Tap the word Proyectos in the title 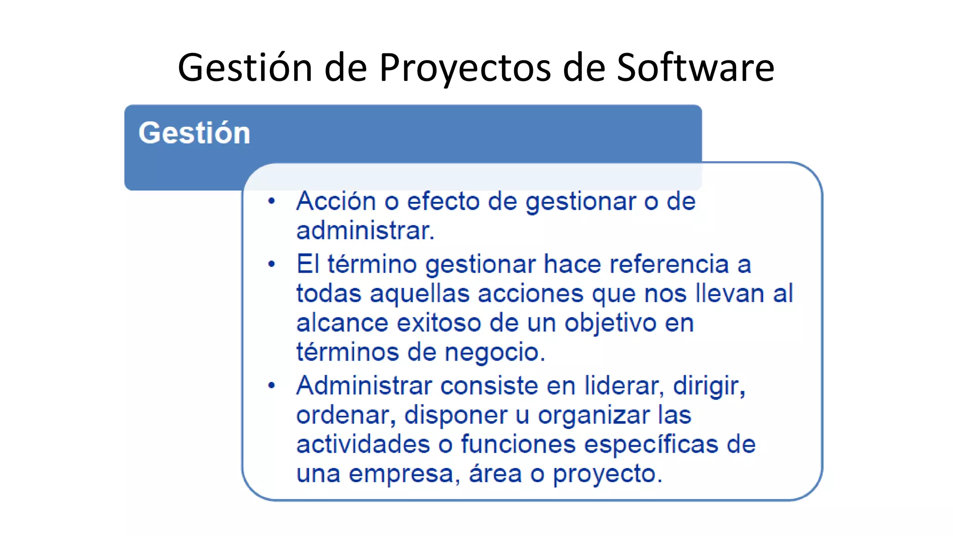coord(465,68)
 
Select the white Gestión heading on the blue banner coord(195,133)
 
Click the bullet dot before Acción coord(272,201)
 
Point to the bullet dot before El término coord(272,264)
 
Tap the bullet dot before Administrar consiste coord(272,386)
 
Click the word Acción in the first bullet coord(336,201)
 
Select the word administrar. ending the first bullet coord(365,231)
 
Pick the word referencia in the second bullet coord(669,264)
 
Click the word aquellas coord(420,294)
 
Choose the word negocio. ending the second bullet coord(495,352)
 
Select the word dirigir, coord(709,386)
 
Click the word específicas coord(651,444)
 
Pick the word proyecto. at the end coord(607,474)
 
